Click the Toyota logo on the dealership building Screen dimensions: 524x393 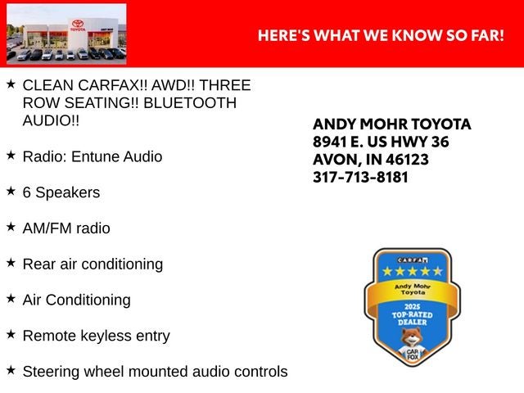[78, 24]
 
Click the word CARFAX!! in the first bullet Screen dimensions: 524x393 [113, 85]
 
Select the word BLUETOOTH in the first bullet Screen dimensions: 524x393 [190, 103]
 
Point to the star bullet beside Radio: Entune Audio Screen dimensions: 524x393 [11, 155]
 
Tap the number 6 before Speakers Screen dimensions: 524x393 [27, 192]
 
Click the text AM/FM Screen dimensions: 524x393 [47, 228]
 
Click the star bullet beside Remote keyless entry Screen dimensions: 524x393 [11, 334]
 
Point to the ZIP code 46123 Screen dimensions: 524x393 [407, 160]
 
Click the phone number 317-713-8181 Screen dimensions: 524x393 [360, 177]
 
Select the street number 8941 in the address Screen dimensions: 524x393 [329, 142]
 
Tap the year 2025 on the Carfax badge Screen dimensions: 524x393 [412, 307]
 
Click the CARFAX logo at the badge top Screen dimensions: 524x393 [413, 260]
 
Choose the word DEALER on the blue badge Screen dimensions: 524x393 [413, 322]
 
